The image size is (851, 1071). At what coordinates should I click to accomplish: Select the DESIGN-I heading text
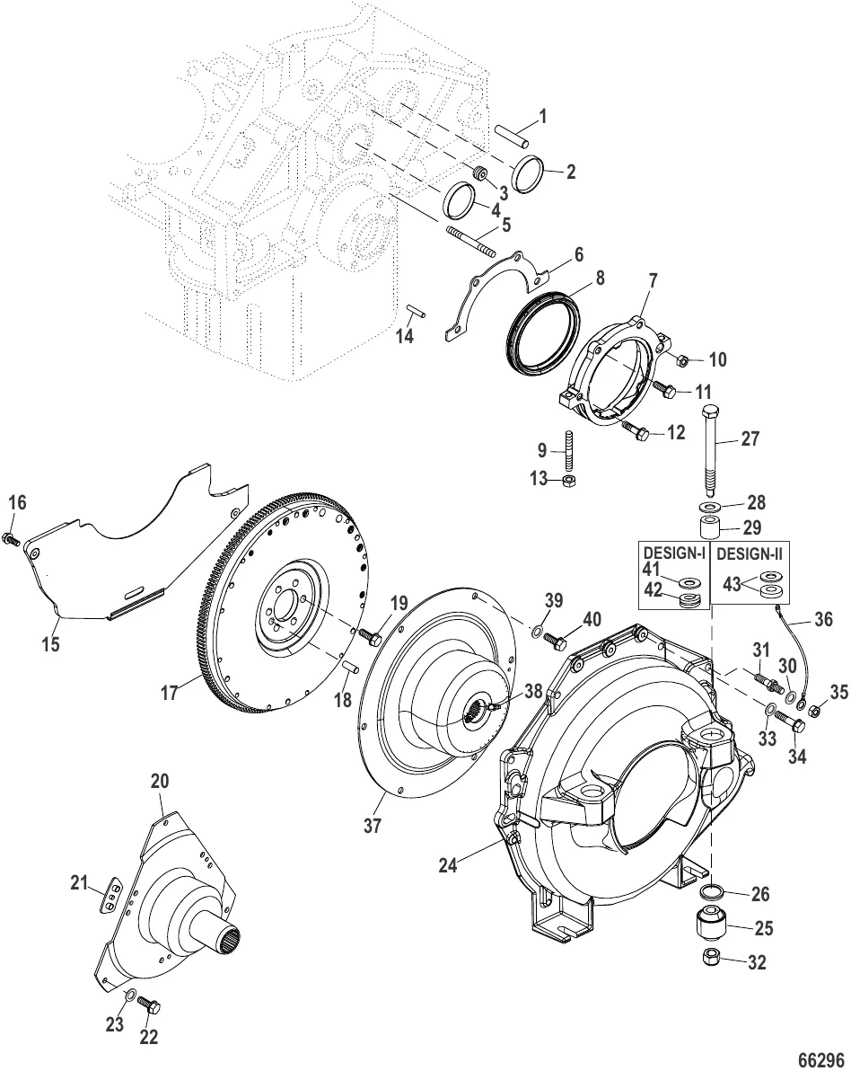click(673, 555)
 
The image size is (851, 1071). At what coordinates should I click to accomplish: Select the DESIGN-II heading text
click(750, 555)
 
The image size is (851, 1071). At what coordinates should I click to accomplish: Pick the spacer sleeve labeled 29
click(709, 526)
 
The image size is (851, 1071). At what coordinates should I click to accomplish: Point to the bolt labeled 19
click(368, 634)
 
